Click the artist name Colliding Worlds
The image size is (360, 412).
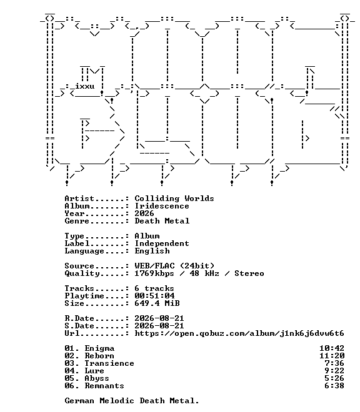point(174,199)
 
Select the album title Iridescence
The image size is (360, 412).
point(162,206)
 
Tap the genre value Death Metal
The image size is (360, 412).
point(162,221)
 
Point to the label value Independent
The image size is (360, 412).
point(162,243)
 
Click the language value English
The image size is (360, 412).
point(152,251)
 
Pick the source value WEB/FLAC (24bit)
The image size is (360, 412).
point(174,266)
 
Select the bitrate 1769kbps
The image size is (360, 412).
point(154,273)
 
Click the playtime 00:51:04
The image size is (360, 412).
point(154,296)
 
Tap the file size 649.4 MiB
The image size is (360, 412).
point(157,303)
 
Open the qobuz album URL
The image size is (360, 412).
point(239,333)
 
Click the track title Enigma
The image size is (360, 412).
point(99,348)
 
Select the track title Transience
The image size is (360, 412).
point(109,363)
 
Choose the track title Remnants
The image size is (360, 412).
point(104,386)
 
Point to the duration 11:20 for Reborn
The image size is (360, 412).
point(332,356)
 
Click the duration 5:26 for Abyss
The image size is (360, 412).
point(334,378)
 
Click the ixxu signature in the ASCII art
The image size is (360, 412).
point(85,86)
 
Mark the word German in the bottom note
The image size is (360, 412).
point(79,401)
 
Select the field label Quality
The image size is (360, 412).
point(82,273)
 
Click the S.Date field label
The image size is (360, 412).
point(79,326)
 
